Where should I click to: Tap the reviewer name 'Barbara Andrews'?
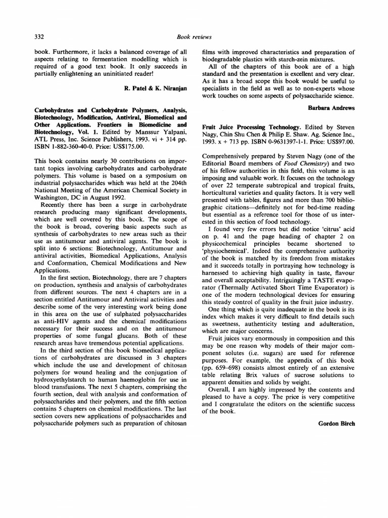point(331,107)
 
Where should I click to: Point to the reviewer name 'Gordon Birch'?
point(336,423)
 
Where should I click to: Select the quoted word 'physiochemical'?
point(225,251)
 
